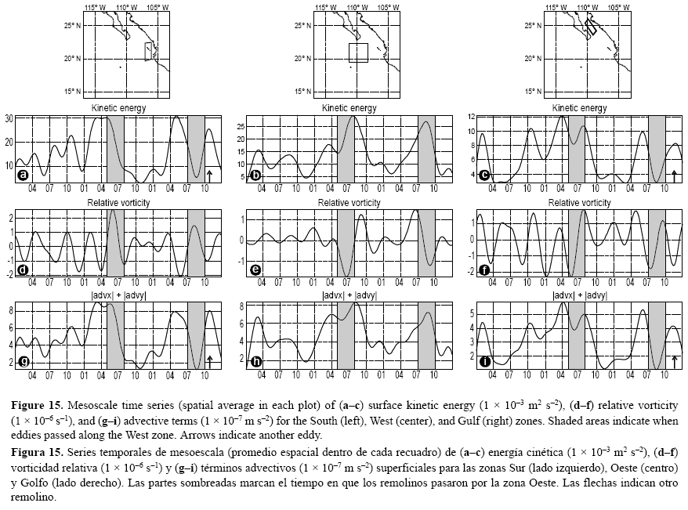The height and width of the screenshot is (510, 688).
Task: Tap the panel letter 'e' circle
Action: point(255,269)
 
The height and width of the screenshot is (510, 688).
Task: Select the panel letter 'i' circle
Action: point(486,361)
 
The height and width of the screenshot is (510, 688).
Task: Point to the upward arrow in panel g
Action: point(210,360)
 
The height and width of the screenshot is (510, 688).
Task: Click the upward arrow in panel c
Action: point(675,175)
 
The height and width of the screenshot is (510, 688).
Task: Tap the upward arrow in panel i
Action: point(675,360)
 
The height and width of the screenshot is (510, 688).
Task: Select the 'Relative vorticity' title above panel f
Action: point(580,203)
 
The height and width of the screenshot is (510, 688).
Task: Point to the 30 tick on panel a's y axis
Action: point(9,118)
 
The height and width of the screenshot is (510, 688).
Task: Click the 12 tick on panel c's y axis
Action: point(473,116)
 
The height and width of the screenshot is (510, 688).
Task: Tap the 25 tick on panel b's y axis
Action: point(241,125)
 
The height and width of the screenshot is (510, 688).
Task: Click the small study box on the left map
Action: point(150,51)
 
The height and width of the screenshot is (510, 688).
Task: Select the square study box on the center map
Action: point(358,52)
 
